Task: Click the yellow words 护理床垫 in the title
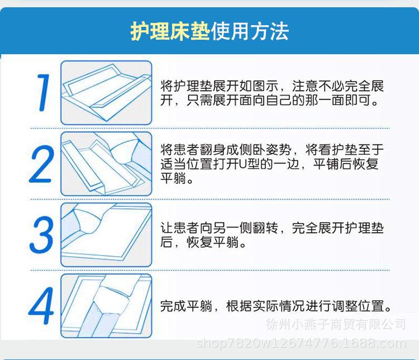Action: (x=170, y=31)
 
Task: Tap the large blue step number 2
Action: (x=41, y=162)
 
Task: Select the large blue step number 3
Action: (x=42, y=234)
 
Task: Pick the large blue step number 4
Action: (x=41, y=306)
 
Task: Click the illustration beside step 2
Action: (x=106, y=163)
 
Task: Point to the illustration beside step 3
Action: (x=106, y=234)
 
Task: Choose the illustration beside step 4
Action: (x=106, y=306)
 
